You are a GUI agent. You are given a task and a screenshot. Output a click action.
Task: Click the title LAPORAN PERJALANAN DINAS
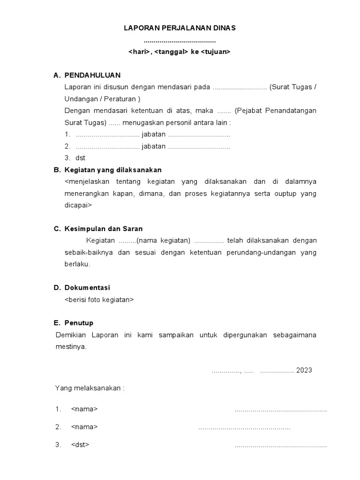pyautogui.click(x=180, y=28)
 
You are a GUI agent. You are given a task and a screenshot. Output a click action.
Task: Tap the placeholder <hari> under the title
pyautogui.click(x=139, y=52)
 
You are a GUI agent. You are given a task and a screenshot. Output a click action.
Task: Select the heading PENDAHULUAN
pyautogui.click(x=92, y=75)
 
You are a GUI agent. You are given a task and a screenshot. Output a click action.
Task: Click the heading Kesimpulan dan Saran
pyautogui.click(x=104, y=229)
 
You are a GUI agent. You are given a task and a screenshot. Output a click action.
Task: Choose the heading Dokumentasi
pyautogui.click(x=87, y=288)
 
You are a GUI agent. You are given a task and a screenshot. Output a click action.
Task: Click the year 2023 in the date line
pyautogui.click(x=304, y=370)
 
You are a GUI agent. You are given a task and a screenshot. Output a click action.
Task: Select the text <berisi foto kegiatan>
pyautogui.click(x=99, y=300)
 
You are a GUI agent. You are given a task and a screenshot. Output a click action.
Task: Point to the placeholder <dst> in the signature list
pyautogui.click(x=80, y=444)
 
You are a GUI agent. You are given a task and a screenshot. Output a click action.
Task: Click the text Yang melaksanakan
pyautogui.click(x=89, y=388)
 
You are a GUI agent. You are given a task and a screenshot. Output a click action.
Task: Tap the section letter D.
pyautogui.click(x=57, y=288)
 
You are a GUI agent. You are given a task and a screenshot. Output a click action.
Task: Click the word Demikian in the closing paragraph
pyautogui.click(x=71, y=335)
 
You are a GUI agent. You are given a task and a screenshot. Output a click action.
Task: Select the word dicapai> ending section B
pyautogui.click(x=78, y=205)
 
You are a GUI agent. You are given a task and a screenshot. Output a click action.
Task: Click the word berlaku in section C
pyautogui.click(x=77, y=264)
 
